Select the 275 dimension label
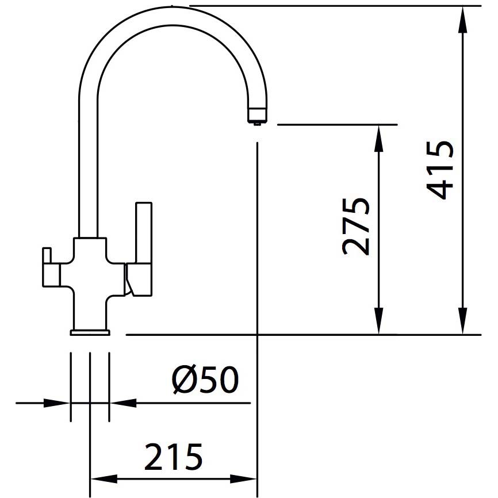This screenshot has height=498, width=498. coord(356,227)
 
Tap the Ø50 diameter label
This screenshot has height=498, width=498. coord(205,380)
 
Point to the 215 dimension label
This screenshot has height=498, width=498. coord(174,457)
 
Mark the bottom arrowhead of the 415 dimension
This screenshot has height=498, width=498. coord(463,321)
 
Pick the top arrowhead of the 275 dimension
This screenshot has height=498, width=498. coord(378,139)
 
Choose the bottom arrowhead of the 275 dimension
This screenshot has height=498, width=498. coord(378,321)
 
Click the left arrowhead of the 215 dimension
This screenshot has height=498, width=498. coord(104,479)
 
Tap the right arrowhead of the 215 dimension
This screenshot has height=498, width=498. coord(243,479)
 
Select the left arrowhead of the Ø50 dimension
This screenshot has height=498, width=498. coord(57,403)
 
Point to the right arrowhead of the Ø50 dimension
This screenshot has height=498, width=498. coord(123,403)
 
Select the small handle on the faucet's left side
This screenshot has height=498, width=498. coord(51,267)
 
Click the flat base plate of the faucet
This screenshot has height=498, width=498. coord(90,332)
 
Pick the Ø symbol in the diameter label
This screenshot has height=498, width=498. coord(183,380)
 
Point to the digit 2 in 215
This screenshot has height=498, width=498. coord(154,457)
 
